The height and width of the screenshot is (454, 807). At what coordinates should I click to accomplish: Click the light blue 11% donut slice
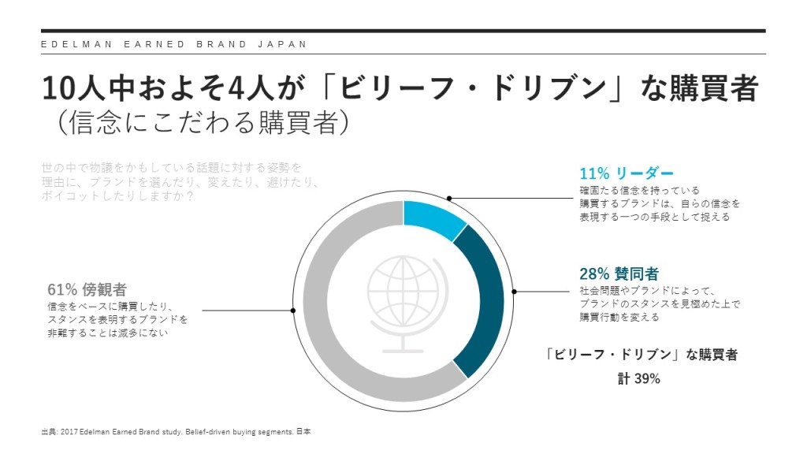coord(433,218)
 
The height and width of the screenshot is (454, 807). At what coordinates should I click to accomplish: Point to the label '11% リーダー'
coord(627,173)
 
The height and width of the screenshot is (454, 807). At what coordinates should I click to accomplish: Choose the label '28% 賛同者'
coord(619,274)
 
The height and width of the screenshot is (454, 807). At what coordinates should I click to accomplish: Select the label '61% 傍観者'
coord(87,289)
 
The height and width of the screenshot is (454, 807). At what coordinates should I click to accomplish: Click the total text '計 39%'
coord(638,379)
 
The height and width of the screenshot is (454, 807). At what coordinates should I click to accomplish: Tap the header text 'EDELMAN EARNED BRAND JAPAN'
coord(174,44)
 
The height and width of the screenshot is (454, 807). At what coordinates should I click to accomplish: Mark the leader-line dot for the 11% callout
coord(449,198)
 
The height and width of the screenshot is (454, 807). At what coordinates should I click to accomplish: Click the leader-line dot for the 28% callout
coord(515,292)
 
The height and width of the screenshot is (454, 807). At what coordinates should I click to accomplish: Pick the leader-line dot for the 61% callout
coord(293,311)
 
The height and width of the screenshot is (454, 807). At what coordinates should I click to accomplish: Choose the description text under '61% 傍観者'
coord(118,320)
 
